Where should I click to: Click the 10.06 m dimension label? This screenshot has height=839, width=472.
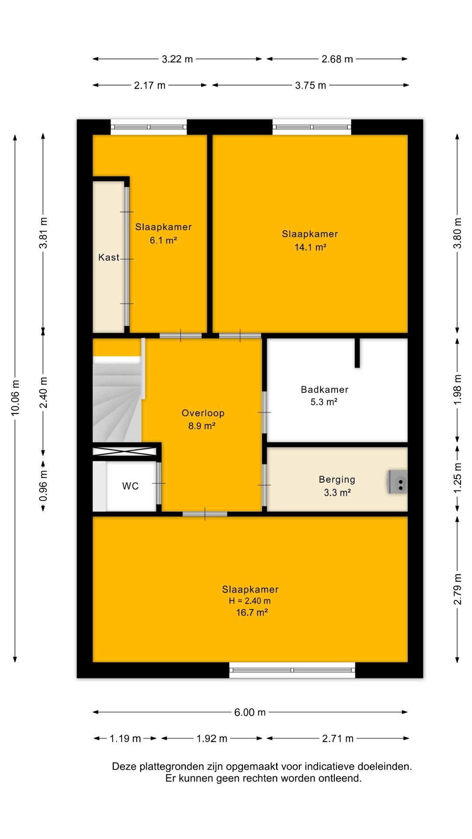(x=16, y=397)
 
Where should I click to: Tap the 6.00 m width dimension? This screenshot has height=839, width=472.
(x=250, y=712)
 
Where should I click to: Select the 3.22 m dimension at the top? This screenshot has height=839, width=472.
(x=177, y=59)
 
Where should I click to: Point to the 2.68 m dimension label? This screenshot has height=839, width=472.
(x=337, y=59)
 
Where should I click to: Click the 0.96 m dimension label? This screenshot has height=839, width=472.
(x=43, y=486)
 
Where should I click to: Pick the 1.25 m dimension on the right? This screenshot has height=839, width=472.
(x=457, y=478)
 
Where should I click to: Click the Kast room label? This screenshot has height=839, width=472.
(x=108, y=257)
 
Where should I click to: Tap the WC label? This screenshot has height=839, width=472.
(x=130, y=486)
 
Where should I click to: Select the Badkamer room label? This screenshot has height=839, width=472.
(x=325, y=389)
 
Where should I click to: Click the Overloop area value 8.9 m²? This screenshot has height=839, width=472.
(x=202, y=426)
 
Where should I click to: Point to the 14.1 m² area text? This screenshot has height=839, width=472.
(x=310, y=247)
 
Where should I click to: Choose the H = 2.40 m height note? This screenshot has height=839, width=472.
(x=250, y=601)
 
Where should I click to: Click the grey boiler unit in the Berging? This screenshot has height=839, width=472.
(x=397, y=482)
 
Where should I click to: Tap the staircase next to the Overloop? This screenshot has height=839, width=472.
(x=117, y=399)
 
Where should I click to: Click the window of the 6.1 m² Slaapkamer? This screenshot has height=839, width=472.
(x=149, y=127)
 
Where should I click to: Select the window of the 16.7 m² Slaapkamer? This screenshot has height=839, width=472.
(x=292, y=670)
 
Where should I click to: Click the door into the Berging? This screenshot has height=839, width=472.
(x=264, y=485)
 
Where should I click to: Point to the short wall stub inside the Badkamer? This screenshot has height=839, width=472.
(x=357, y=353)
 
